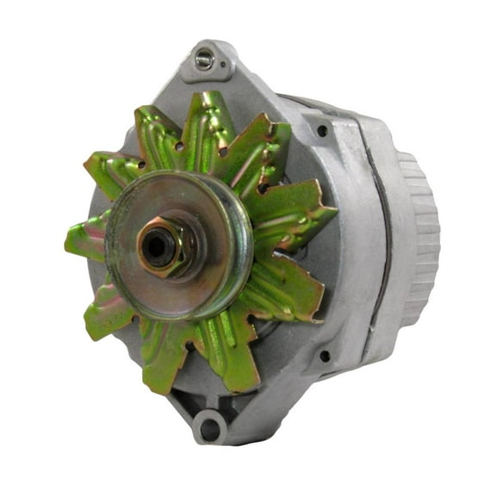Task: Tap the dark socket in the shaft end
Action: point(157,248)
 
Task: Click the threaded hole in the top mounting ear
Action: point(202,59)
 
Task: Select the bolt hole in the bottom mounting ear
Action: point(207,427)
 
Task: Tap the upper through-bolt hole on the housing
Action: point(322,131)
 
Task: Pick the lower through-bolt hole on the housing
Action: point(324,355)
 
